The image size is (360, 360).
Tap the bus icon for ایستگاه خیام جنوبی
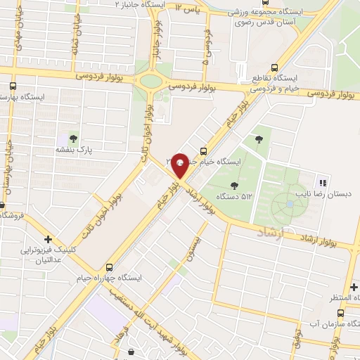[x=203, y=150]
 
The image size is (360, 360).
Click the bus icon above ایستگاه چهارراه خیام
[x=109, y=267]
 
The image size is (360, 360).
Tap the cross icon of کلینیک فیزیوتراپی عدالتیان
[x=49, y=239]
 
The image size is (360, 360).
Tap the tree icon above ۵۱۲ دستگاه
[x=234, y=185]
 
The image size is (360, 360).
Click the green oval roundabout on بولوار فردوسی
[x=150, y=80]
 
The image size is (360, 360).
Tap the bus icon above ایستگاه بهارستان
[x=12, y=86]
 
